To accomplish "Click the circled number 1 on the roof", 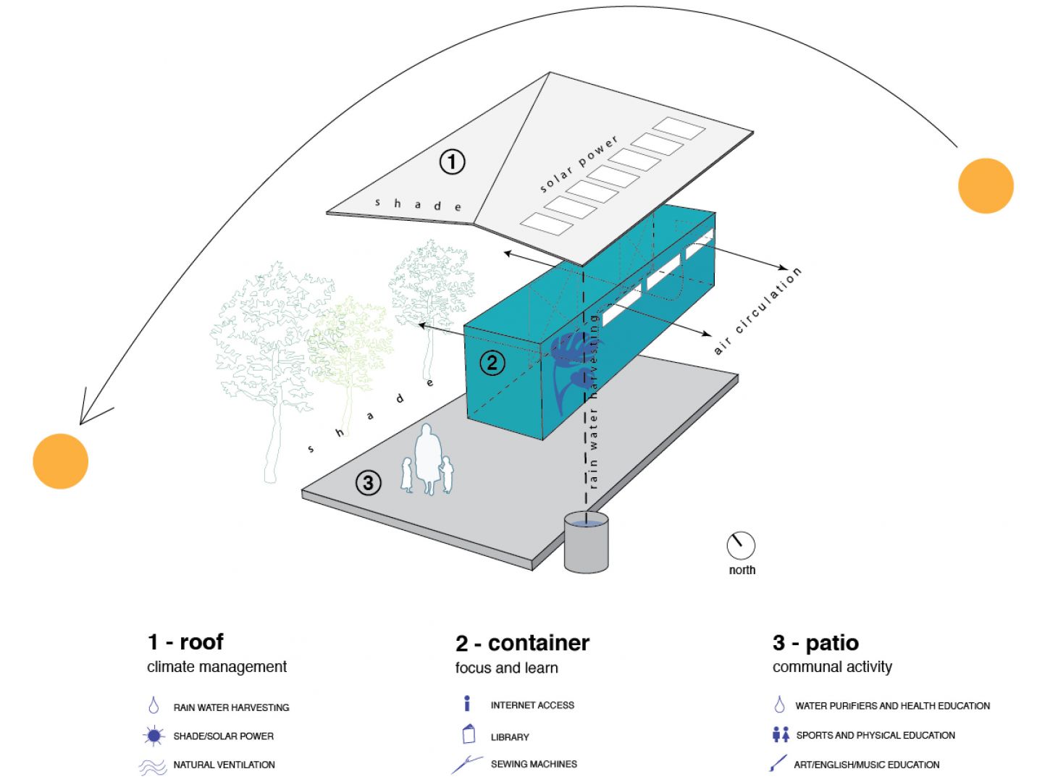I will coord(453,161).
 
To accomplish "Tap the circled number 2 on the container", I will coord(492,362).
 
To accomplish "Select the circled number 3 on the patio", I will coord(369,482).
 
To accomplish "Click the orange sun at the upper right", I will coord(986,185).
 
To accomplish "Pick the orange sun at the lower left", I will coord(61,461).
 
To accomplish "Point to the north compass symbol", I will coord(741,545).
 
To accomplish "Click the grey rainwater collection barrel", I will coord(586,542).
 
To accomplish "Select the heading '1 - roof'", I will coord(185,642).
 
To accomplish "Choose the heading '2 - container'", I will coord(522,643).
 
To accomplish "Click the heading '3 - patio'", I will coord(815,642).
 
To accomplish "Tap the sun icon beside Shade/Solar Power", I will coord(154,736).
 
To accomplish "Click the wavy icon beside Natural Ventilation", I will coord(153,766).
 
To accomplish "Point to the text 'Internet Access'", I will coord(532,705).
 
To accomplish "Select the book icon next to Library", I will coord(469,734).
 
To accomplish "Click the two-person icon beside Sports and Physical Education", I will coord(781,734).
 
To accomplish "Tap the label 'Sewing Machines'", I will coord(534,764).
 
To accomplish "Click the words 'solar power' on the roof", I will coord(579,164).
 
